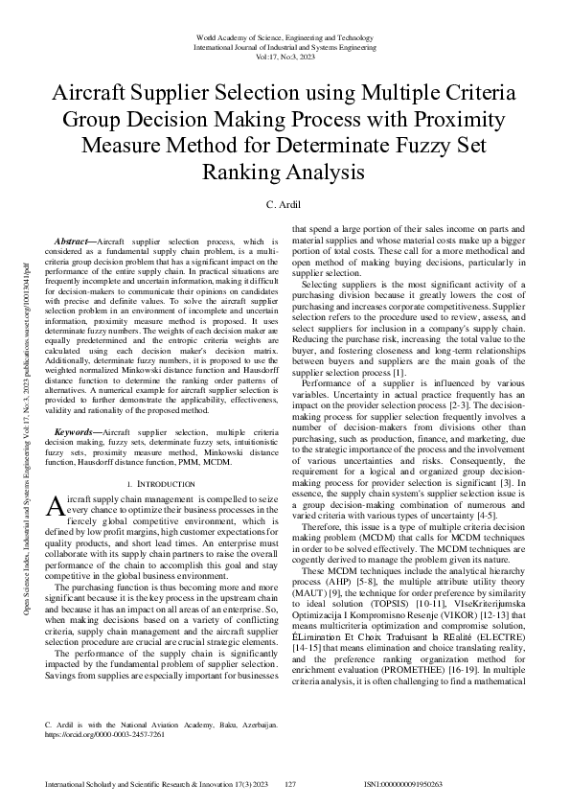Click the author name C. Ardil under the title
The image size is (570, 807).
(285, 204)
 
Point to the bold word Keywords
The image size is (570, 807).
(76, 433)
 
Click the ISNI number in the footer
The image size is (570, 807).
(403, 784)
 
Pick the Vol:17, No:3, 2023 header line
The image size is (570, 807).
(285, 57)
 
